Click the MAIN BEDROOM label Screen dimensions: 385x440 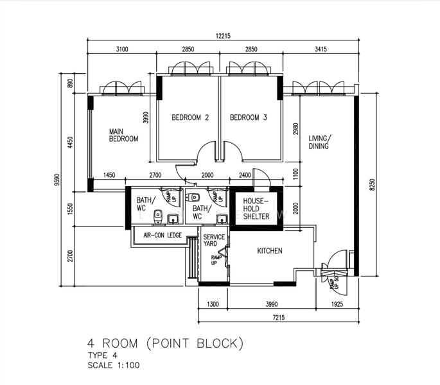[123, 135]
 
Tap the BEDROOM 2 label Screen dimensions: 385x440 [190, 117]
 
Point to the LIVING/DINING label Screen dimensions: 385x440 [319, 142]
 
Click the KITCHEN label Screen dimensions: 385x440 [270, 251]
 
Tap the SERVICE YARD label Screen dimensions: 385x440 [213, 241]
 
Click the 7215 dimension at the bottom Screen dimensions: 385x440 [278, 318]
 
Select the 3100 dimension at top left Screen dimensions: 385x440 [122, 49]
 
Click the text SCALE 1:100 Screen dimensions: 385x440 [114, 365]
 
